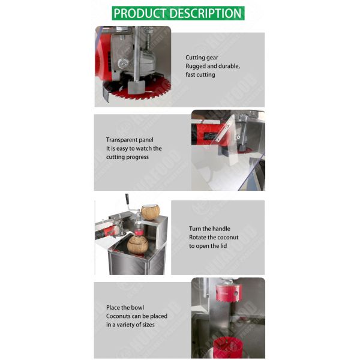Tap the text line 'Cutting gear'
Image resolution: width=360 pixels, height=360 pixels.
[202, 58]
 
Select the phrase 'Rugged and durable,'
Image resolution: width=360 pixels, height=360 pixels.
[212, 66]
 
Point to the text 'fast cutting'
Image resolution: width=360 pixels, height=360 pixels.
[200, 74]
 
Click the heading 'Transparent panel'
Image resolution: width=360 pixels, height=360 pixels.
[130, 140]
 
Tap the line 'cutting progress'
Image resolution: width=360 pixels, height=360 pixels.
[127, 157]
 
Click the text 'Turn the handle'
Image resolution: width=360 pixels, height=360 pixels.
[209, 229]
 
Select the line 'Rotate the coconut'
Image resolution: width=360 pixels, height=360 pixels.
[214, 238]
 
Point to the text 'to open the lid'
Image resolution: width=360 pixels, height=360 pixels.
[208, 246]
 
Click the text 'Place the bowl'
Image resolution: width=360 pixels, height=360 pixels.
[125, 307]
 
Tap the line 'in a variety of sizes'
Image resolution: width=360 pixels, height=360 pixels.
[130, 325]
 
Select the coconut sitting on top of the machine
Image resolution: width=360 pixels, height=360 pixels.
[150, 212]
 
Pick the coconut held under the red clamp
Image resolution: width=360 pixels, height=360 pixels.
[138, 245]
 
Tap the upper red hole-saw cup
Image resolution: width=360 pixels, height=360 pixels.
[229, 292]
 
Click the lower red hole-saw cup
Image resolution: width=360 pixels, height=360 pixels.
[228, 347]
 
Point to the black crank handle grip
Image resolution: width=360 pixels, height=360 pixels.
[127, 198]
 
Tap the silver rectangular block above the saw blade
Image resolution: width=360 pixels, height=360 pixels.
[136, 87]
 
